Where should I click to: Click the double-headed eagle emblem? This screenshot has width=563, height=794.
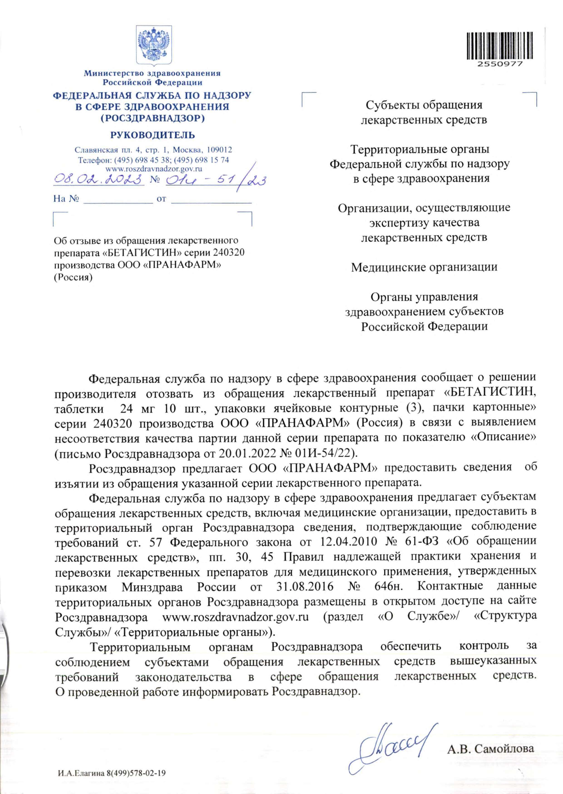(154, 44)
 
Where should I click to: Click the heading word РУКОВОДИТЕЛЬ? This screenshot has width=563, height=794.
(153, 135)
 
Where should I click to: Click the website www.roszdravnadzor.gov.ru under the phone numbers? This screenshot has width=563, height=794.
(154, 169)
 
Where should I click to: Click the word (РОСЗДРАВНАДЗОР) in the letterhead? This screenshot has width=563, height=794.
(153, 118)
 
